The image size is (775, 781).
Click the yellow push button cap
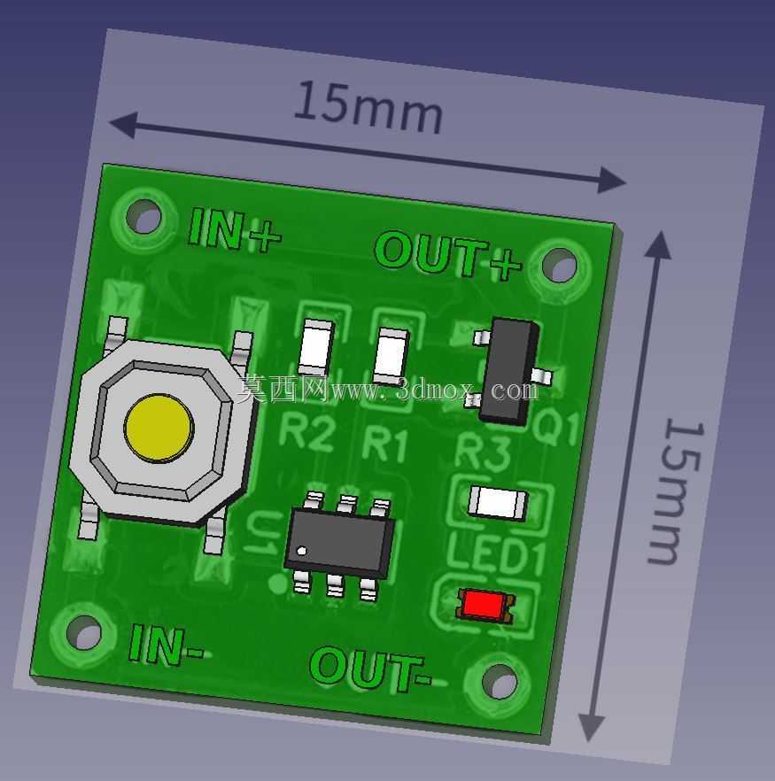[x=159, y=429]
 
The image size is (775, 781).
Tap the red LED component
[x=485, y=605]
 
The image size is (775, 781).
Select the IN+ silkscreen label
[x=234, y=231]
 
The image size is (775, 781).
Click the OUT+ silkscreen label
[x=447, y=256]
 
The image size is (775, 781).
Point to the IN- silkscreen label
[x=166, y=646]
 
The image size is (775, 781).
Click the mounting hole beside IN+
[x=143, y=216]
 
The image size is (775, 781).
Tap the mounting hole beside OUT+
[x=559, y=265]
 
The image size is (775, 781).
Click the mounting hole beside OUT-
[x=500, y=680]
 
